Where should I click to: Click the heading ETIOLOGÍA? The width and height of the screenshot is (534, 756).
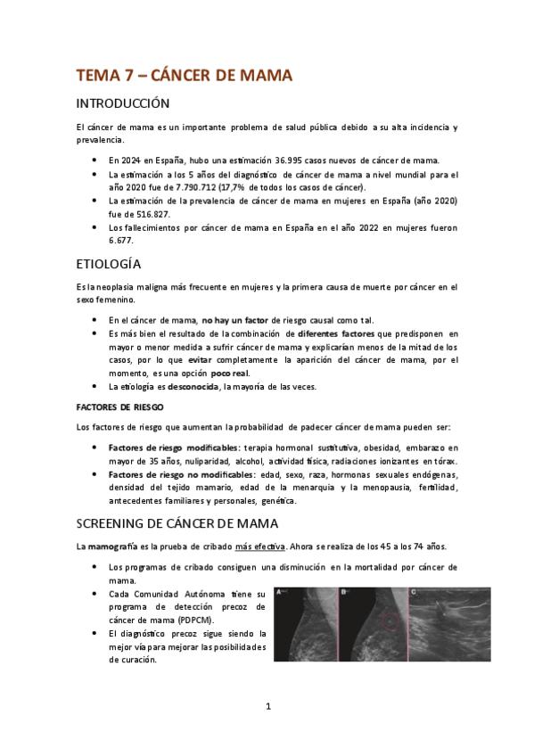(x=108, y=264)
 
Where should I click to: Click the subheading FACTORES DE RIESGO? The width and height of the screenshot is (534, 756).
(x=114, y=407)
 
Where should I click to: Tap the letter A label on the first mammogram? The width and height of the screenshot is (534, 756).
(x=280, y=592)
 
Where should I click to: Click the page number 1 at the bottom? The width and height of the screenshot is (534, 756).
(x=267, y=707)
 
